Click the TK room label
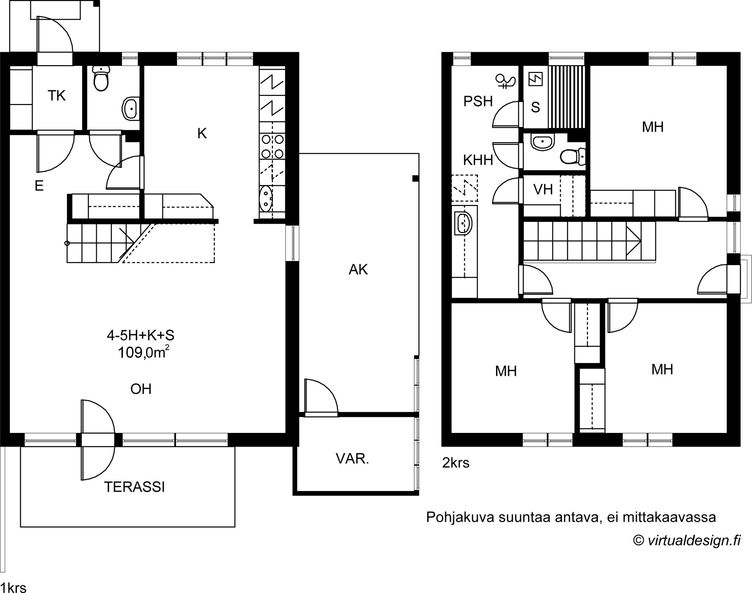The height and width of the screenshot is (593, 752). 57,95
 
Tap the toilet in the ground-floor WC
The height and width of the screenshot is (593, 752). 101,79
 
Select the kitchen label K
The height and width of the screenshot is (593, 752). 202,133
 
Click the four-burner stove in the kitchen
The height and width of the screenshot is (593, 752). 272,146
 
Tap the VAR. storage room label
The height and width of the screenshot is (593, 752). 352,459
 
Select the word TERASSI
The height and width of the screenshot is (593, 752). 134,487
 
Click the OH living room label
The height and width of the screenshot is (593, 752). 141,389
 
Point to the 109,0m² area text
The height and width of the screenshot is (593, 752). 144,353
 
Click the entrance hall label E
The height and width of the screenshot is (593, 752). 39,186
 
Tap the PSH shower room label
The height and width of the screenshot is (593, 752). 478,101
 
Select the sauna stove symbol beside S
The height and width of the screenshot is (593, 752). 535,79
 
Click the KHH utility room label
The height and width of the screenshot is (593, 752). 478,160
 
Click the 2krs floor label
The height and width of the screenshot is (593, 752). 456,463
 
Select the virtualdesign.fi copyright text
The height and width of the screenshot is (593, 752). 687,540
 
